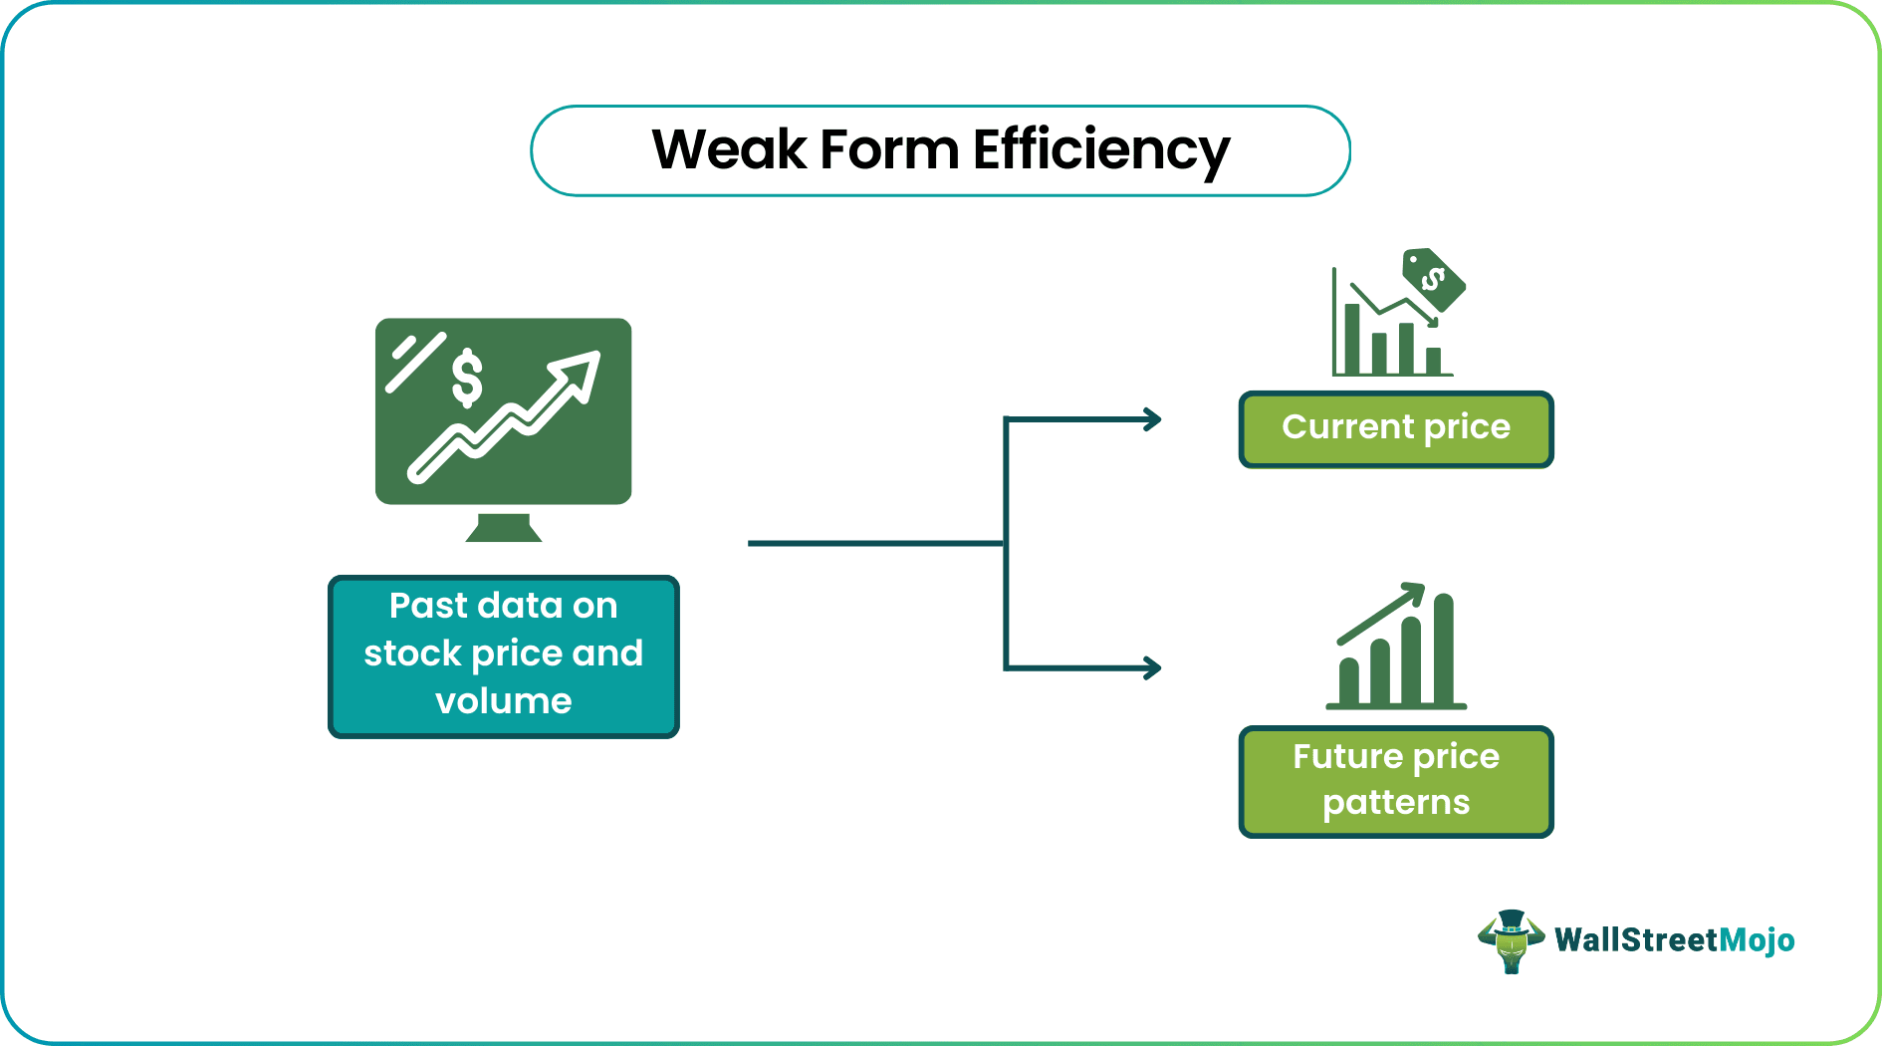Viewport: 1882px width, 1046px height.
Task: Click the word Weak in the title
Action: tap(728, 150)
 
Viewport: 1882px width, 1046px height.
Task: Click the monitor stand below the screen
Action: tap(504, 527)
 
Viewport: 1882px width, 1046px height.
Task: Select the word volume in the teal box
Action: tap(503, 701)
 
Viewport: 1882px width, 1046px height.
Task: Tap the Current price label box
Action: tap(1395, 429)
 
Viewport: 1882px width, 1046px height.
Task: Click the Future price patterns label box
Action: tap(1395, 781)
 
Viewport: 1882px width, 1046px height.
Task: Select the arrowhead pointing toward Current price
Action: tap(1152, 419)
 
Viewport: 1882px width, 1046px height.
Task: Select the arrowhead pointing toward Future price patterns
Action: tap(1152, 667)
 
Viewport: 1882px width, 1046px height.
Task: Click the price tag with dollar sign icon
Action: tap(1433, 279)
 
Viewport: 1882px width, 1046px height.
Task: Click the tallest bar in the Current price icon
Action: tap(1352, 339)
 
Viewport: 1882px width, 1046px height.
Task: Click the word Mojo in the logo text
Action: tap(1757, 940)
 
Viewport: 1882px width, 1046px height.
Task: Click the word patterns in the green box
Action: tap(1395, 803)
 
